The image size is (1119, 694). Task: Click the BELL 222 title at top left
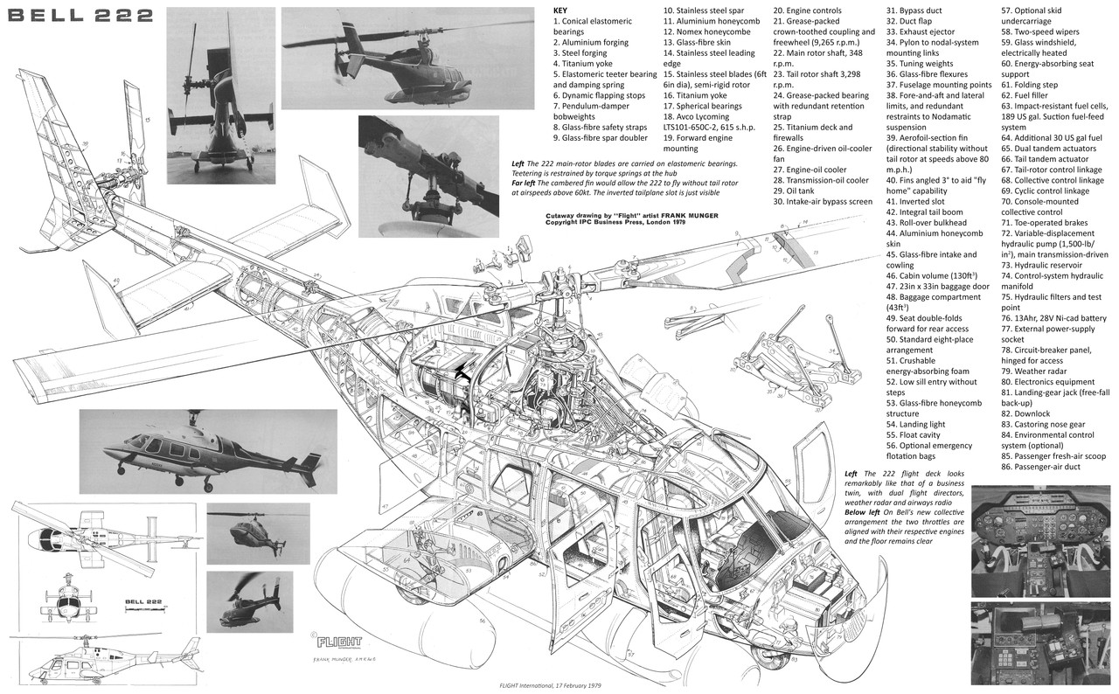click(x=77, y=15)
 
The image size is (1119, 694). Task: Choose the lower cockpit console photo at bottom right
click(x=1044, y=642)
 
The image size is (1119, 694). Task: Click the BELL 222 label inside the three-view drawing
click(x=145, y=601)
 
